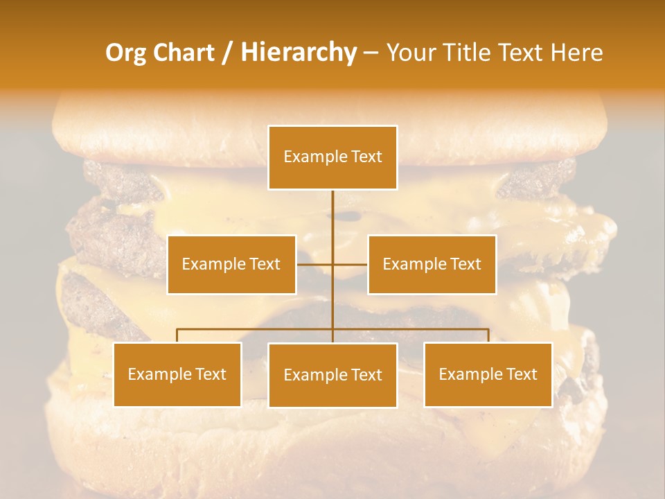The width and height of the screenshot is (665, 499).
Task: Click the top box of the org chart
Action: (332, 157)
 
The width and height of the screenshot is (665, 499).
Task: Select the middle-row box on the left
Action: (231, 264)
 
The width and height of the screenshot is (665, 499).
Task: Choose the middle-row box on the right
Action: (432, 264)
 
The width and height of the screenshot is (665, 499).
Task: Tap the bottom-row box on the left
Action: (177, 374)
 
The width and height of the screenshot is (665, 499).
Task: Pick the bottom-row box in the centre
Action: (332, 375)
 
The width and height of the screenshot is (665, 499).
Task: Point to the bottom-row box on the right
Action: (488, 374)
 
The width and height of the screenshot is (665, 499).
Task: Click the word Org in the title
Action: (125, 53)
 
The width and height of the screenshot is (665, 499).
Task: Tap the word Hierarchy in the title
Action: (298, 53)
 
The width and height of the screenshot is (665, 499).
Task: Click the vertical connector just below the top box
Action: (332, 208)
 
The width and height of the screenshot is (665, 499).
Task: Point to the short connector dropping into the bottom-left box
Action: (177, 335)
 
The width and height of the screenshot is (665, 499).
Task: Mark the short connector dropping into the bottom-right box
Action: (488, 335)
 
